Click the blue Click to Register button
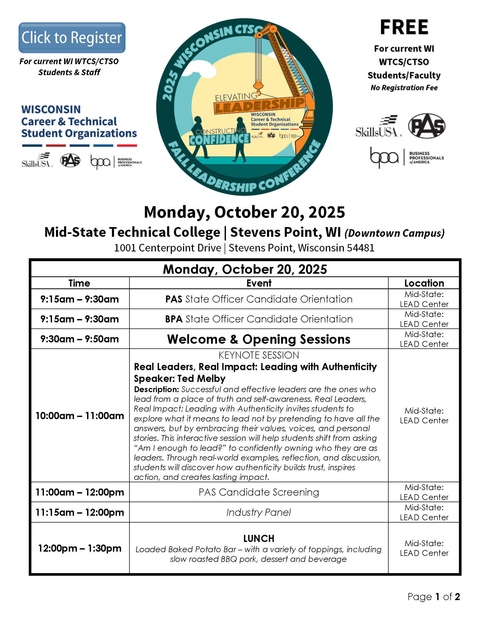[x=72, y=37]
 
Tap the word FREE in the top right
[x=404, y=28]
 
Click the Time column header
[x=79, y=283]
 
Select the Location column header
[x=424, y=283]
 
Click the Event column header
[x=259, y=283]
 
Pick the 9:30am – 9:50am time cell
[x=79, y=339]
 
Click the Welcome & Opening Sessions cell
[x=259, y=339]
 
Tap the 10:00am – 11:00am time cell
[x=79, y=416]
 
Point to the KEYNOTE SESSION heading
[x=259, y=355]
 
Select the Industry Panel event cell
[x=259, y=512]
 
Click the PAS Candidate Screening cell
[x=259, y=492]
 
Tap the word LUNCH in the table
[x=259, y=539]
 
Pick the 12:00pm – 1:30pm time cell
[x=79, y=548]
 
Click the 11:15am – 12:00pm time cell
[x=79, y=512]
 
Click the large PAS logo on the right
[x=427, y=126]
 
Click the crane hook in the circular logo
[x=258, y=86]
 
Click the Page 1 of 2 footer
[x=433, y=597]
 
